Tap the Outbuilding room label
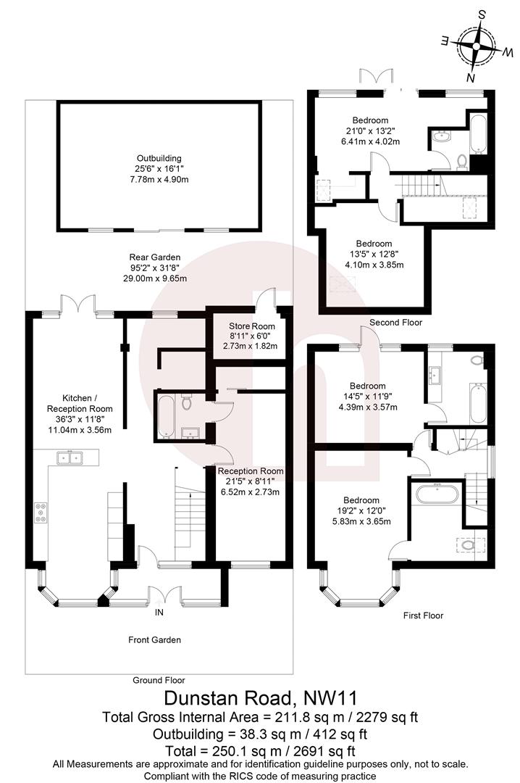pyautogui.click(x=159, y=168)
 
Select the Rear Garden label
pyautogui.click(x=154, y=268)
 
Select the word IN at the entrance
pyautogui.click(x=159, y=613)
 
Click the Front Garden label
pyautogui.click(x=154, y=639)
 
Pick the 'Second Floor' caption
pyautogui.click(x=395, y=322)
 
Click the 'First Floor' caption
pyautogui.click(x=423, y=616)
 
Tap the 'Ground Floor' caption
pyautogui.click(x=159, y=680)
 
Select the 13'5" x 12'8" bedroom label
pyautogui.click(x=374, y=254)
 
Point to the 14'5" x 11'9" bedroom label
pyautogui.click(x=368, y=397)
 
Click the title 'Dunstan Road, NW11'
pyautogui.click(x=260, y=699)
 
